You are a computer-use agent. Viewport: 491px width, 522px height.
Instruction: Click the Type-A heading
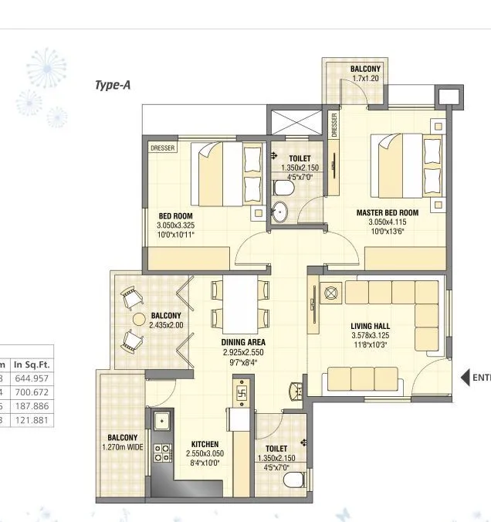coord(113,85)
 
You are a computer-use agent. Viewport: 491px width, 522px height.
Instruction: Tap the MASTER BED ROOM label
coord(387,212)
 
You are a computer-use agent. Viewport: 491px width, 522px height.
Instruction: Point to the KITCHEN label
coord(206,445)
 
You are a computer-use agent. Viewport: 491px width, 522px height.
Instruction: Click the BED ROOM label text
coord(175,216)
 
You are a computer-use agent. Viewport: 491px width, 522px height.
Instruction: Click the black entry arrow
coord(465,378)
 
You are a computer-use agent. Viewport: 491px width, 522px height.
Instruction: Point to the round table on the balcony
coord(139,318)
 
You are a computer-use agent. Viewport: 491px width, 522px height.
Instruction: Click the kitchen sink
coord(162,422)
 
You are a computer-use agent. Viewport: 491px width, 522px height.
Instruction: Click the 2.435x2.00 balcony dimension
coord(166,325)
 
